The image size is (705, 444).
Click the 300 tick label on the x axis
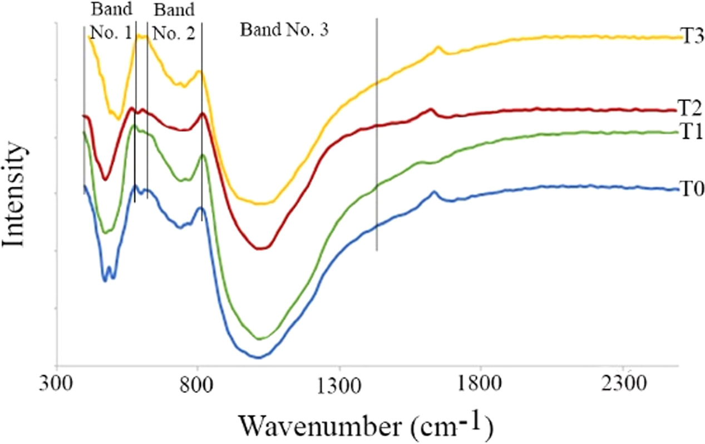56,384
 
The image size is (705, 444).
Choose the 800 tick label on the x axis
198,384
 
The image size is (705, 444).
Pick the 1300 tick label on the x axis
339,384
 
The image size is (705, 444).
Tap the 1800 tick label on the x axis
480,384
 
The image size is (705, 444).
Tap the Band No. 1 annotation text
111,21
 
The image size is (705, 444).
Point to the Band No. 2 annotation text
174,21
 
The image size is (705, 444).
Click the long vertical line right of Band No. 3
377,133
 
